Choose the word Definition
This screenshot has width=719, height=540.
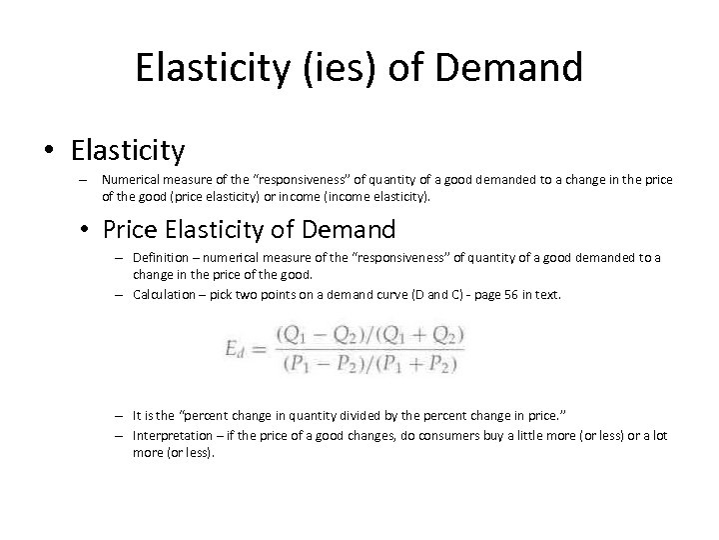point(162,257)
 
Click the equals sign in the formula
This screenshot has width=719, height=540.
point(264,349)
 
